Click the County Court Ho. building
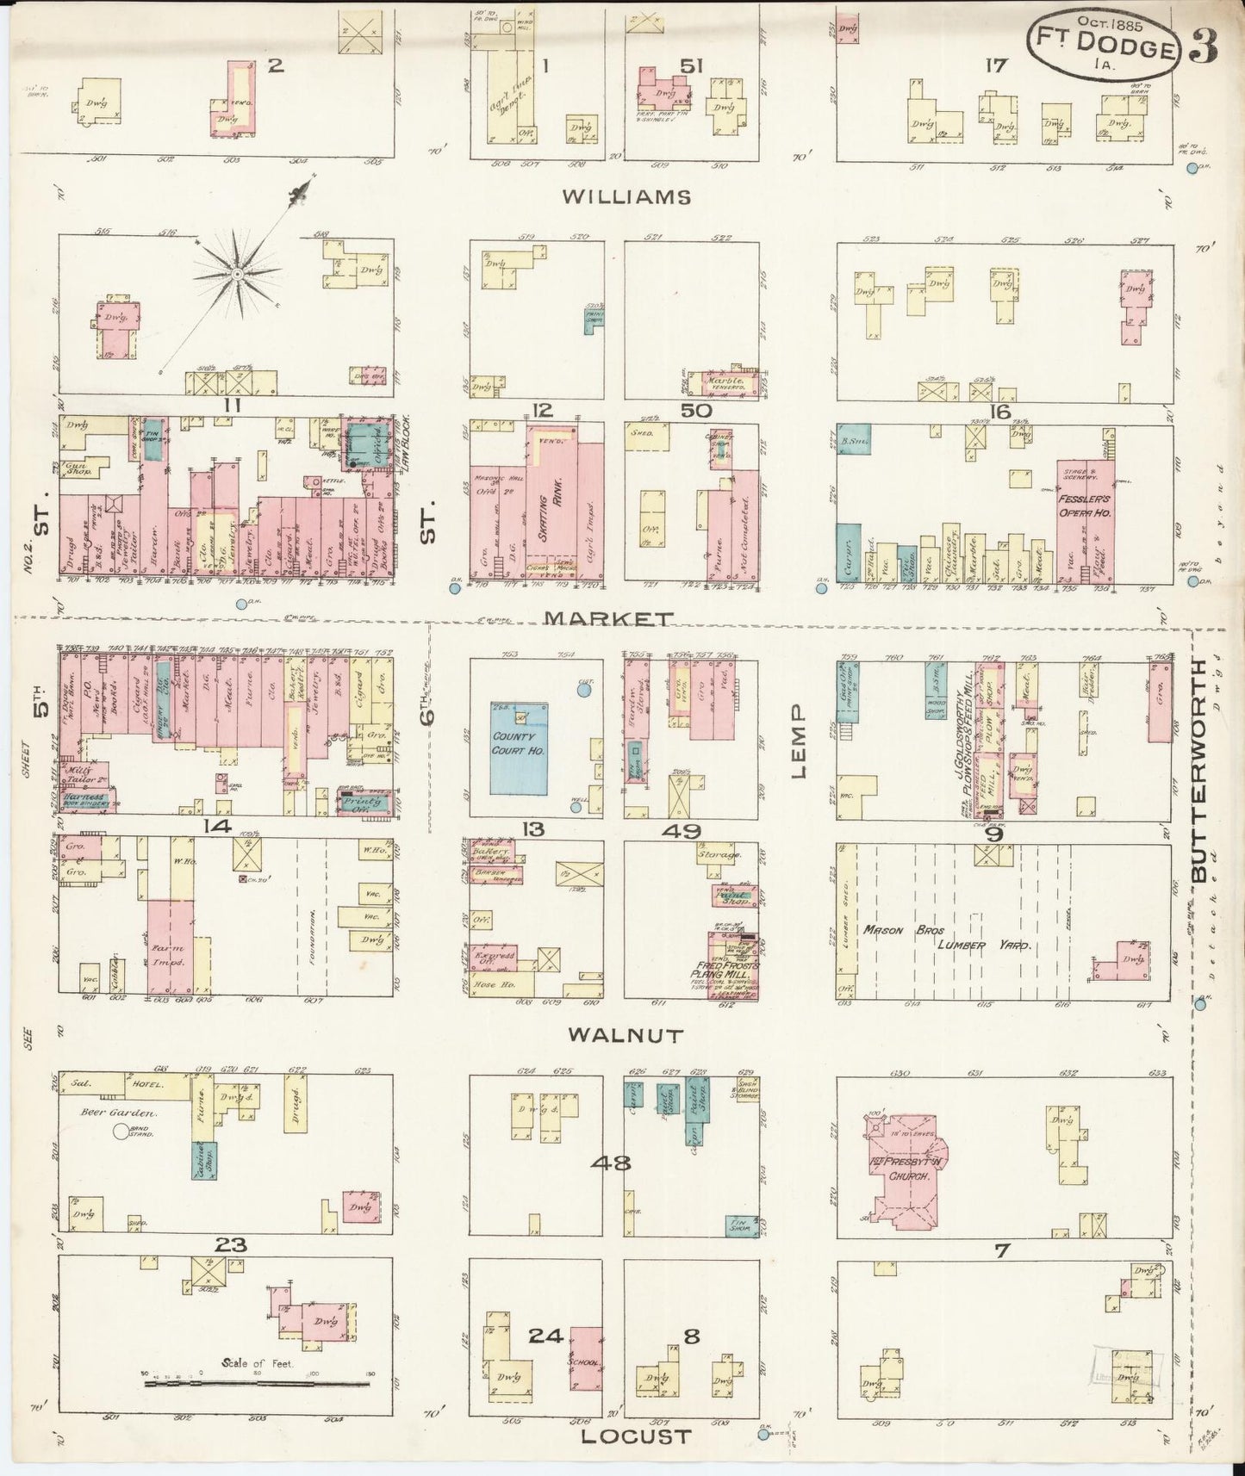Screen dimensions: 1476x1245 click(x=519, y=747)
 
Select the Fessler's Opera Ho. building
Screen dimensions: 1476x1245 click(x=1085, y=517)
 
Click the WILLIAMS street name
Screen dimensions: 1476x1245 click(x=626, y=197)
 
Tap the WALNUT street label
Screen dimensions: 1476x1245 click(x=625, y=1036)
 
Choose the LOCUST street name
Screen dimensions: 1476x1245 click(x=636, y=1436)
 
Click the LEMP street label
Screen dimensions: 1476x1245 click(x=798, y=741)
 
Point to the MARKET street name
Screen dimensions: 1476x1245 click(x=609, y=619)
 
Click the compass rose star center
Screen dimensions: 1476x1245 click(x=236, y=274)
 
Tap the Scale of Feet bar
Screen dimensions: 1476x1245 click(x=257, y=1384)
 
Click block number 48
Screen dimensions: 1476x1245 click(x=610, y=1163)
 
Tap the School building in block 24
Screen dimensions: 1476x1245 click(x=586, y=1358)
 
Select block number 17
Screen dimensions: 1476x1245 click(x=996, y=65)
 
